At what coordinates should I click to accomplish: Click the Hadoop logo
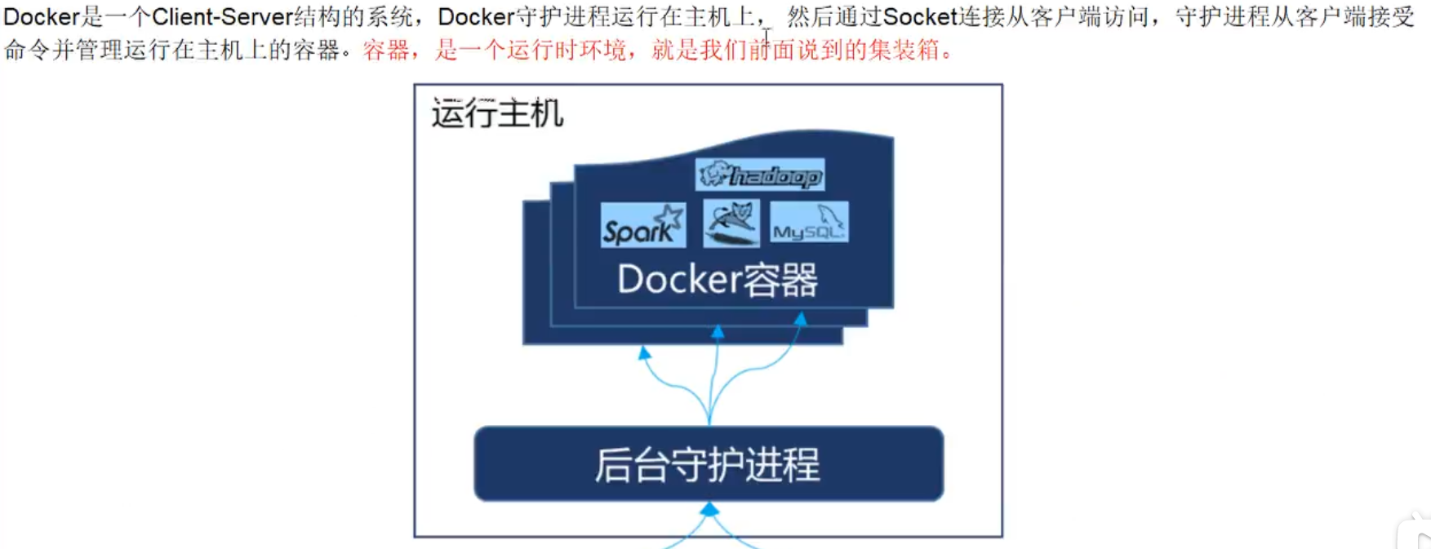[760, 175]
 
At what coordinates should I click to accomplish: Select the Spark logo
[643, 225]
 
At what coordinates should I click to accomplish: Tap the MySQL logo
[809, 223]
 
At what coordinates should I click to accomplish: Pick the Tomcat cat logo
[731, 223]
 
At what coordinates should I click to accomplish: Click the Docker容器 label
[718, 280]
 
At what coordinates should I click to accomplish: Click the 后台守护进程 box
[709, 463]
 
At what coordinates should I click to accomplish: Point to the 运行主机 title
[497, 113]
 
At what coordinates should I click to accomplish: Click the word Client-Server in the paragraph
[222, 17]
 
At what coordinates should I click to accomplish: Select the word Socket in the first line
[919, 17]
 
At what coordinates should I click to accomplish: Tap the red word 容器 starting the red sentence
[386, 51]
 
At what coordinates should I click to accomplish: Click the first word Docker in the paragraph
[41, 17]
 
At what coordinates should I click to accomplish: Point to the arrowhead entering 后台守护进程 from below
[709, 510]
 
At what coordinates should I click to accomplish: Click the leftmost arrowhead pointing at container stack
[645, 353]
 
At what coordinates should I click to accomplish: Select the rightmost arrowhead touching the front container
[801, 319]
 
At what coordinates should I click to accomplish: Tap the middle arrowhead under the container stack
[718, 332]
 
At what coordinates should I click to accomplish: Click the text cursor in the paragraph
[767, 37]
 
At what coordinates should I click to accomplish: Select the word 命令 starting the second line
[27, 51]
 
